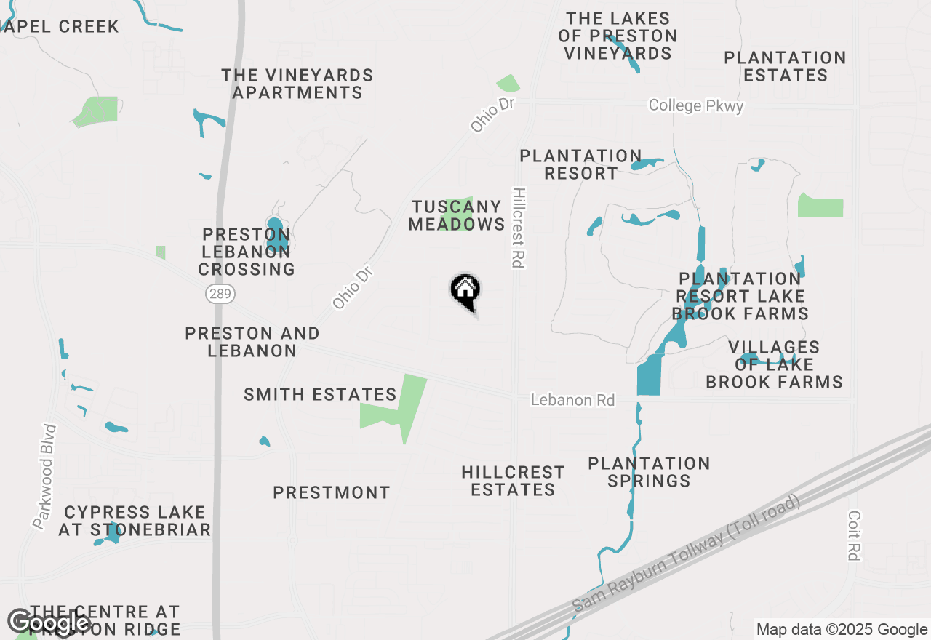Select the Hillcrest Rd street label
point(519,228)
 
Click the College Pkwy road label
point(696,106)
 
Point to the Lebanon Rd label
point(572,400)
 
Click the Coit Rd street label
point(855,535)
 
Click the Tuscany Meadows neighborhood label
point(456,216)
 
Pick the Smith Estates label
point(320,395)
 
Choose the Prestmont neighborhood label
point(332,493)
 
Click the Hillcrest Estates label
point(513,481)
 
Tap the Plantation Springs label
point(649,472)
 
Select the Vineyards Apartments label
point(297,84)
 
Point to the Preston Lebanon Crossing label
point(247,252)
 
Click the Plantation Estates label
point(785,66)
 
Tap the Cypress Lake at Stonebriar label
point(135,521)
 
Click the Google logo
point(49,623)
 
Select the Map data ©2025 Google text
point(842,630)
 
